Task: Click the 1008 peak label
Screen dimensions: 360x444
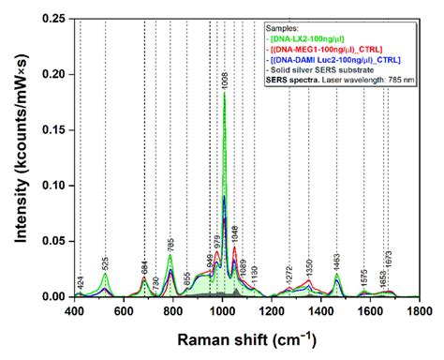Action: point(224,82)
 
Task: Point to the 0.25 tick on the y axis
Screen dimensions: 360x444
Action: point(58,19)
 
